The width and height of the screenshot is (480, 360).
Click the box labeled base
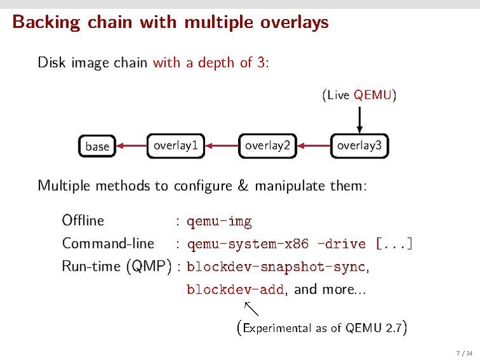click(x=97, y=146)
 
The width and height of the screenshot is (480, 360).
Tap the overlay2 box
click(x=267, y=146)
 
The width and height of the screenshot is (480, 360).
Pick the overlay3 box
click(x=359, y=146)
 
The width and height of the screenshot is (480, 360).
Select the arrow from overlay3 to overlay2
click(x=314, y=146)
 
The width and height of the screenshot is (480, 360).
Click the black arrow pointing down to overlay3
click(x=360, y=119)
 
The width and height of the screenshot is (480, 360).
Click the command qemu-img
click(x=219, y=221)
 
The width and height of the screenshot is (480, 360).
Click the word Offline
click(x=83, y=221)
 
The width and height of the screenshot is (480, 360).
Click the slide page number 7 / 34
click(x=464, y=353)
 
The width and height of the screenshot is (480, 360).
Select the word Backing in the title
click(x=46, y=23)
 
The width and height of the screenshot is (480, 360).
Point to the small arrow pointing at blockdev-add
click(x=251, y=308)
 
